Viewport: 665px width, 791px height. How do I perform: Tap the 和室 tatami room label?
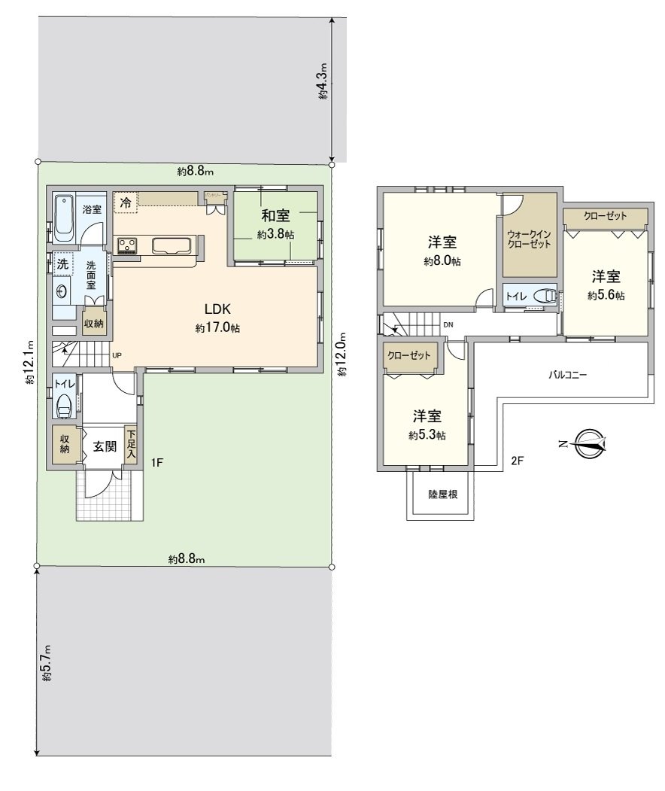[277, 218]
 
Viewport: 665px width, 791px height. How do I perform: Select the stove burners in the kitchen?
[126, 245]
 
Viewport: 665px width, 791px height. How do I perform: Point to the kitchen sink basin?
[172, 245]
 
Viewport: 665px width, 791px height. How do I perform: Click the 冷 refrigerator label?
[126, 202]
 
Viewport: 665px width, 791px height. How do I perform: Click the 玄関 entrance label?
[105, 446]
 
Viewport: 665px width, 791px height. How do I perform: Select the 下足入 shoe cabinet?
[132, 445]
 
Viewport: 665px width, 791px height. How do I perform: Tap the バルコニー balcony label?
[567, 373]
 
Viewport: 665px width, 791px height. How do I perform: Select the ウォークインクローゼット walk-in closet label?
[530, 239]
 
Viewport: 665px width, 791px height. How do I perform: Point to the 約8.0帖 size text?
[444, 261]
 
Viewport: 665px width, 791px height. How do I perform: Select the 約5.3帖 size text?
[427, 435]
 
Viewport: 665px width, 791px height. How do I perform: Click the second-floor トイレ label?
[516, 297]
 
